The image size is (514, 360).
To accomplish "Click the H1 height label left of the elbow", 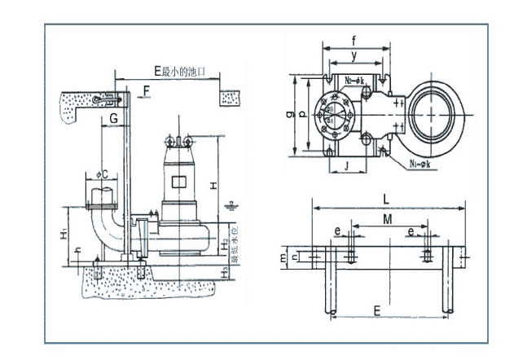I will pyautogui.click(x=64, y=235).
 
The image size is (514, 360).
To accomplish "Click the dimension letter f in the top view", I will pyautogui.click(x=353, y=40).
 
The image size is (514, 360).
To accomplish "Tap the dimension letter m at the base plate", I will pyautogui.click(x=284, y=257).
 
